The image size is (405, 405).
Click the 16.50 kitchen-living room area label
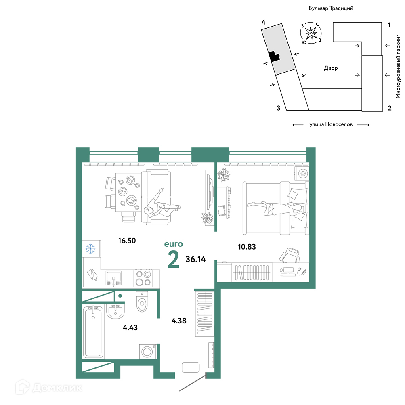click(x=127, y=241)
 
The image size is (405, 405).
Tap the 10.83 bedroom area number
click(x=247, y=247)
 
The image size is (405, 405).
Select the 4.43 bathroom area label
click(x=130, y=327)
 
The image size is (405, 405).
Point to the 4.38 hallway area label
click(x=179, y=321)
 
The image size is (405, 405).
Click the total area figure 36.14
click(x=195, y=259)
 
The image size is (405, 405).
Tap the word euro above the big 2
click(x=174, y=244)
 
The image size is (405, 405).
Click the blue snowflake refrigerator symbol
click(x=90, y=249)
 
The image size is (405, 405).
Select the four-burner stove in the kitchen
click(x=143, y=278)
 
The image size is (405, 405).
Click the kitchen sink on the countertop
click(x=113, y=278)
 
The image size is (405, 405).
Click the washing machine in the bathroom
click(x=148, y=352)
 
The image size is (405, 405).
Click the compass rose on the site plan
click(x=311, y=33)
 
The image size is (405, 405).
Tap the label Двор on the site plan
click(x=331, y=68)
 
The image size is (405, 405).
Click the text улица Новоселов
click(x=331, y=124)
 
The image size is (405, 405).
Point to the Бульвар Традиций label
click(x=331, y=8)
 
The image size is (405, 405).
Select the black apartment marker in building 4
click(x=274, y=56)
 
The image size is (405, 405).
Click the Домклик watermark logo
click(x=49, y=387)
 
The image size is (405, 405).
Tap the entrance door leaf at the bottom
click(x=193, y=382)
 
